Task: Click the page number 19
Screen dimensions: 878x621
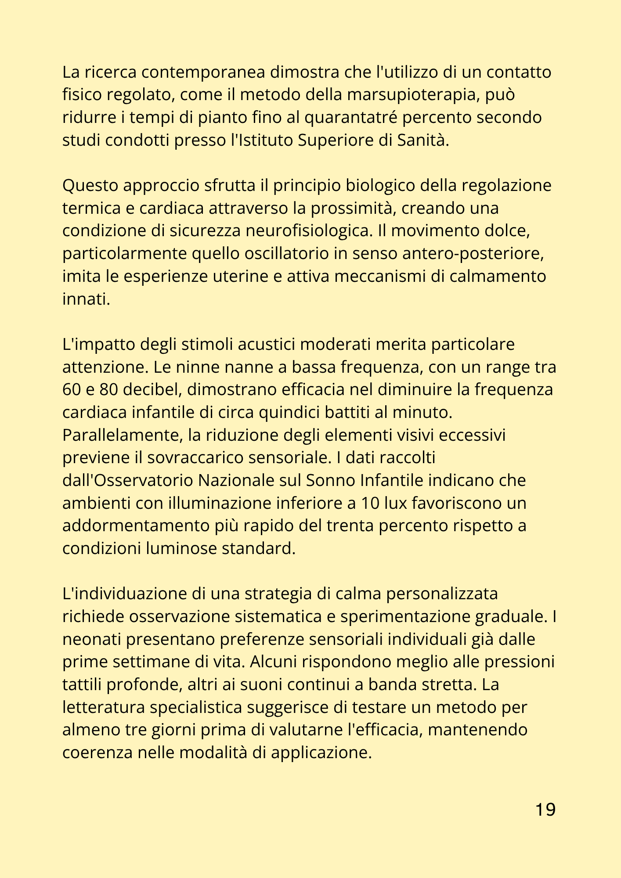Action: (x=545, y=810)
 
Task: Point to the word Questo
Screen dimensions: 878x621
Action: (x=90, y=186)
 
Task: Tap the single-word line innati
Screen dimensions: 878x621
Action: (x=86, y=299)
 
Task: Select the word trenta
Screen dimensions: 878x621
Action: (x=349, y=526)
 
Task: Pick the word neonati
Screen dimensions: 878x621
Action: (x=91, y=640)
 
